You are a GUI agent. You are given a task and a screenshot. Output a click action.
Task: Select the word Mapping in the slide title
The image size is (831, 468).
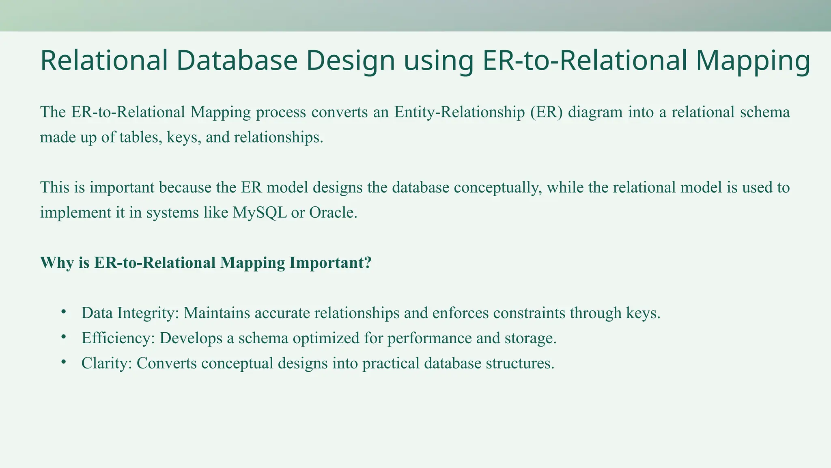[753, 61]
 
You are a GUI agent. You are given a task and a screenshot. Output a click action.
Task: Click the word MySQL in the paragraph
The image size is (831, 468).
[259, 212]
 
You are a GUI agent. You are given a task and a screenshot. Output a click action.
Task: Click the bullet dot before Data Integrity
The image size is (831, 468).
[63, 312]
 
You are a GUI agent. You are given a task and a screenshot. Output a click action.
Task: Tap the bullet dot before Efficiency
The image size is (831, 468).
[63, 337]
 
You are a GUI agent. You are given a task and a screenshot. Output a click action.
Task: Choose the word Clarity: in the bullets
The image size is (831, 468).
[107, 363]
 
